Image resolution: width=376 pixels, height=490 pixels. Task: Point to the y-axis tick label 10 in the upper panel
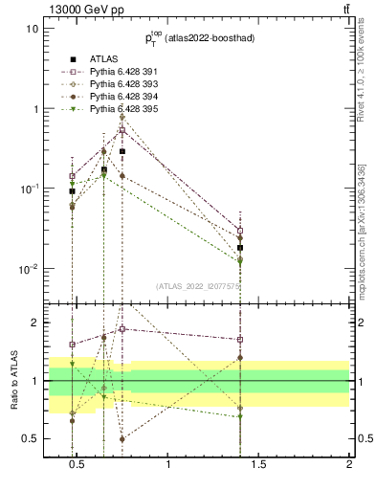(x=31, y=29)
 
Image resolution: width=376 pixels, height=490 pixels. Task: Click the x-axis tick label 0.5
(x=79, y=467)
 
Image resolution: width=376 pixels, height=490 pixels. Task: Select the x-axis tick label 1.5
(x=258, y=467)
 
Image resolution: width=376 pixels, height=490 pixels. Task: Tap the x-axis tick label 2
(x=348, y=467)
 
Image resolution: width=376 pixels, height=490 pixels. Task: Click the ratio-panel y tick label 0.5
(x=29, y=439)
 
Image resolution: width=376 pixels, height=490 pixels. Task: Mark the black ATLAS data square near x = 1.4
(x=240, y=248)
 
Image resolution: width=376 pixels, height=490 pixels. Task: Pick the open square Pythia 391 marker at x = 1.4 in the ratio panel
(x=240, y=339)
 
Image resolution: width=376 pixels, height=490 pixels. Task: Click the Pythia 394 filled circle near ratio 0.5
(x=122, y=439)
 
